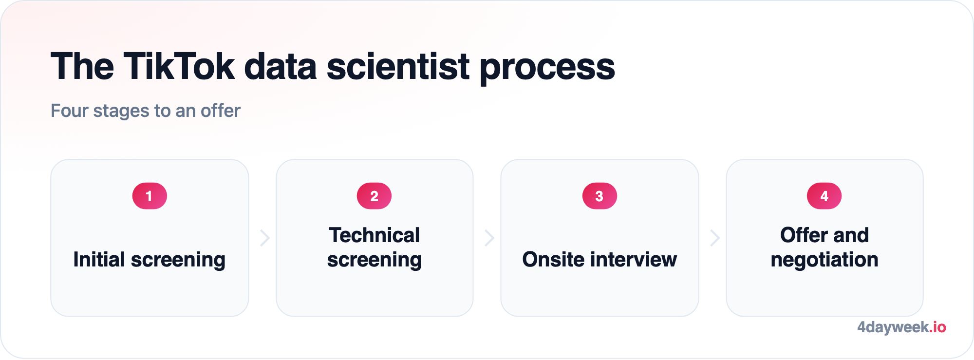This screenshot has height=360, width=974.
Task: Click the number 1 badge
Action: pyautogui.click(x=150, y=196)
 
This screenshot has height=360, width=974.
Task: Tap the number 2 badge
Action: pyautogui.click(x=374, y=196)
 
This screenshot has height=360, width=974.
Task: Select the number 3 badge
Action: pyautogui.click(x=599, y=196)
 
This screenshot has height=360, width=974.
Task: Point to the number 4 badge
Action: pyautogui.click(x=824, y=196)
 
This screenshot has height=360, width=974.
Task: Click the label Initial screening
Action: pyautogui.click(x=150, y=260)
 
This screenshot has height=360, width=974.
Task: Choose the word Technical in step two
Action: pyautogui.click(x=374, y=235)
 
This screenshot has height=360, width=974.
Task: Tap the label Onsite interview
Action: pyautogui.click(x=599, y=259)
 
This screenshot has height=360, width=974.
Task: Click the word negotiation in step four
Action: pyautogui.click(x=824, y=260)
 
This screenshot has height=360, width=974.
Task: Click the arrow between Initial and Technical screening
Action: pyautogui.click(x=265, y=238)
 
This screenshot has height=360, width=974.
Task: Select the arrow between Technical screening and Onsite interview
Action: pyautogui.click(x=489, y=238)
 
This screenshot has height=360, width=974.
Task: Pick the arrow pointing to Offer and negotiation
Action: pyautogui.click(x=714, y=238)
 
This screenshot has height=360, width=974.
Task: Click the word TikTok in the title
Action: pyautogui.click(x=179, y=66)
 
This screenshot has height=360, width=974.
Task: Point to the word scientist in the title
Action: pyautogui.click(x=398, y=66)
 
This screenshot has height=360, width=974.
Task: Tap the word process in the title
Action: pyautogui.click(x=547, y=69)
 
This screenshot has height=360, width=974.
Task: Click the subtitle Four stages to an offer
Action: pyautogui.click(x=146, y=111)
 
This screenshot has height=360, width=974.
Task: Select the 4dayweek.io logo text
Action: pyautogui.click(x=901, y=327)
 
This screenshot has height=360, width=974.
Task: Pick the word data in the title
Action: pyautogui.click(x=281, y=66)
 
